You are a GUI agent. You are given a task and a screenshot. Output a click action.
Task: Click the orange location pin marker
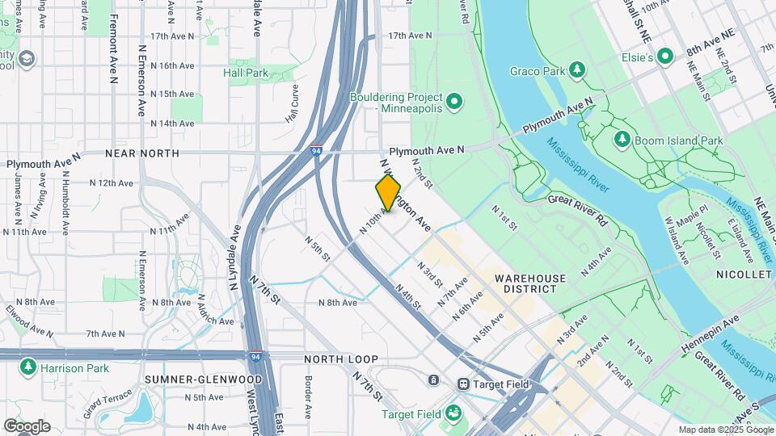coord(388,193)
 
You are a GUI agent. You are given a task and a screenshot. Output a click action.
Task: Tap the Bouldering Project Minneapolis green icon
coord(454,101)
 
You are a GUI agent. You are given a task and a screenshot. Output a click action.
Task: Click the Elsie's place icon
coord(665,56)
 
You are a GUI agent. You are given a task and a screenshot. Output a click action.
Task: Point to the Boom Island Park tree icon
coord(622,140)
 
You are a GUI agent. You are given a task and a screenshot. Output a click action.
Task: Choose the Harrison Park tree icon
coord(28,367)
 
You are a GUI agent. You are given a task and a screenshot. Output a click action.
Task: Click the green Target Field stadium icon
coord(453,413)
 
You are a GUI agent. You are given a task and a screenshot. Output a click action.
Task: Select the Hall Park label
coord(245,73)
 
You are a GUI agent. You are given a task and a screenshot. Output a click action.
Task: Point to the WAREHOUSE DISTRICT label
coord(530,284)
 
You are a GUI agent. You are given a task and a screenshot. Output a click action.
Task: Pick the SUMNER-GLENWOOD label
coord(203,379)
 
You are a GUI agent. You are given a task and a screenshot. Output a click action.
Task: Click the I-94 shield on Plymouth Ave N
coord(317,151)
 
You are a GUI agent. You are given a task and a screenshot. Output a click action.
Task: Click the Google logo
coord(27,426)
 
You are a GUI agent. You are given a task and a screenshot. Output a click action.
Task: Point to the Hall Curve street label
coord(293,103)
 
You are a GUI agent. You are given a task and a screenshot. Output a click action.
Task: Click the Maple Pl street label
coord(692,219)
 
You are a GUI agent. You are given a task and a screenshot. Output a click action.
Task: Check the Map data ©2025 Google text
coord(725,430)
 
